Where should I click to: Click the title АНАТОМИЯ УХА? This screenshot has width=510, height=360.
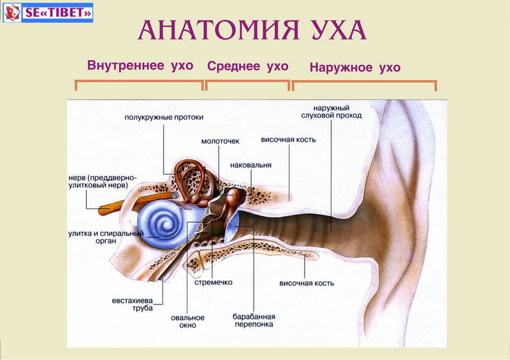coord(252,31)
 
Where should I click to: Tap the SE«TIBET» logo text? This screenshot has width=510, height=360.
coord(58,12)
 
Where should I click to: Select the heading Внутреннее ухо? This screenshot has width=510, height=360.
coord(140,66)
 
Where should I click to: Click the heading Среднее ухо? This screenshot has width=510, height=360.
coord(248,66)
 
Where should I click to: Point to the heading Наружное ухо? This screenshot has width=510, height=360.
coord(354,68)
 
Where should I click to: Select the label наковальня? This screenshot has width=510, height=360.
coord(251,165)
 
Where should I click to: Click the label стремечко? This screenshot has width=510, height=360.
coord(214,282)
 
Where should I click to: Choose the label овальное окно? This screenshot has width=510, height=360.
coord(187,321)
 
